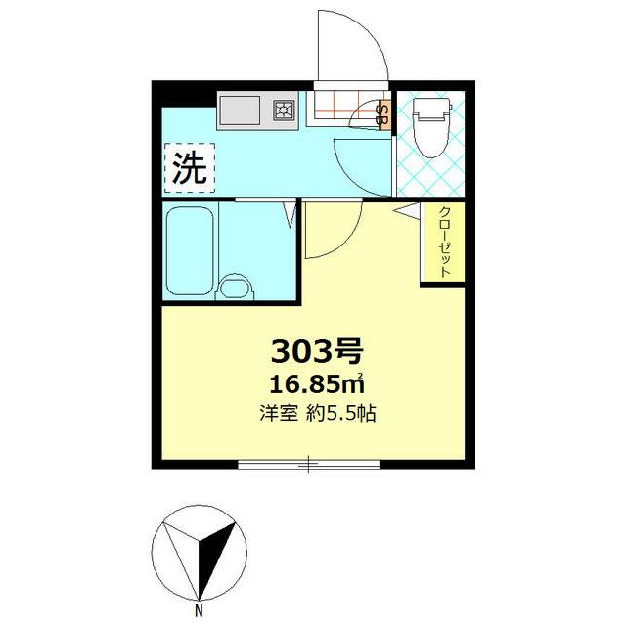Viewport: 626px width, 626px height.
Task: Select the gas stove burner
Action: (x=286, y=110)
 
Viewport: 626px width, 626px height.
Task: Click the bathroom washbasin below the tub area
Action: (x=235, y=288)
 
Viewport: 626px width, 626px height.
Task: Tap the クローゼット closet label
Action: (x=443, y=244)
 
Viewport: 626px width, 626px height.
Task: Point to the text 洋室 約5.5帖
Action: (x=318, y=413)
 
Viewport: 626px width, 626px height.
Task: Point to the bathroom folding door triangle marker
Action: (x=290, y=213)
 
